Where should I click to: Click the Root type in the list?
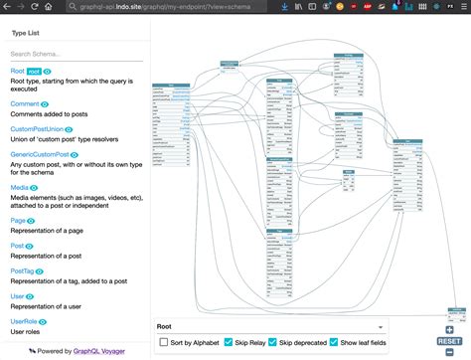pos(17,72)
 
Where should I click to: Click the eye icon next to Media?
pos(37,187)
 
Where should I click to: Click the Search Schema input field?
pos(75,54)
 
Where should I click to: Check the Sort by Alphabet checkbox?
pos(164,342)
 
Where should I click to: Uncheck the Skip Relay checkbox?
pos(229,342)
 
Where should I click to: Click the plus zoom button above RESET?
pos(450,329)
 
